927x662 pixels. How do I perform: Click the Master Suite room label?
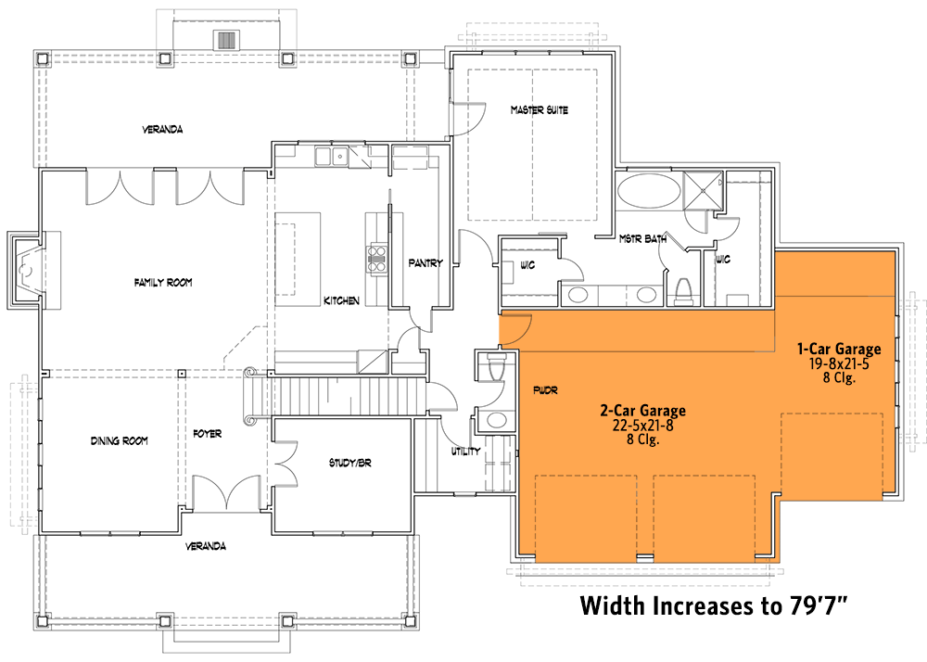(539, 110)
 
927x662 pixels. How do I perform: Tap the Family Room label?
(162, 283)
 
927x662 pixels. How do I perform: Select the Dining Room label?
(120, 440)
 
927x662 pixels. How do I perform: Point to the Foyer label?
(207, 433)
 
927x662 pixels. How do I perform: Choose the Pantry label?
(425, 263)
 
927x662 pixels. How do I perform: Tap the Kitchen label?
(341, 301)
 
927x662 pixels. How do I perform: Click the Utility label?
(465, 452)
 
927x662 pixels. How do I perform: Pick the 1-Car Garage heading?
(840, 349)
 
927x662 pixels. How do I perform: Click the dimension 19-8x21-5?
(840, 363)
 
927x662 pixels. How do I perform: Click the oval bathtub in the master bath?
(647, 194)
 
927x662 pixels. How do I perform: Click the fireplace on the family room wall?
(25, 270)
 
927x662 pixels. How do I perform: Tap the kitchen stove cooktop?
(378, 256)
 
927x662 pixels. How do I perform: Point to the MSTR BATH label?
(643, 239)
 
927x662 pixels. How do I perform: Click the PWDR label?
(543, 391)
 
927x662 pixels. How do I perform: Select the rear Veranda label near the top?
(162, 130)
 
